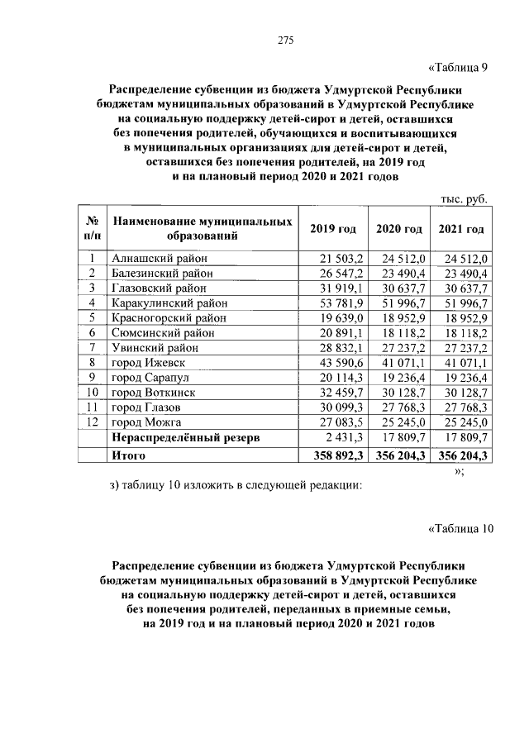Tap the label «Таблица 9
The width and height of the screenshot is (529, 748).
tap(460, 68)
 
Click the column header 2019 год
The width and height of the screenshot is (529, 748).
tap(332, 229)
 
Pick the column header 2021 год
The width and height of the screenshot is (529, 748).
tap(461, 229)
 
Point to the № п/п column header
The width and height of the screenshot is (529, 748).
tap(93, 229)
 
